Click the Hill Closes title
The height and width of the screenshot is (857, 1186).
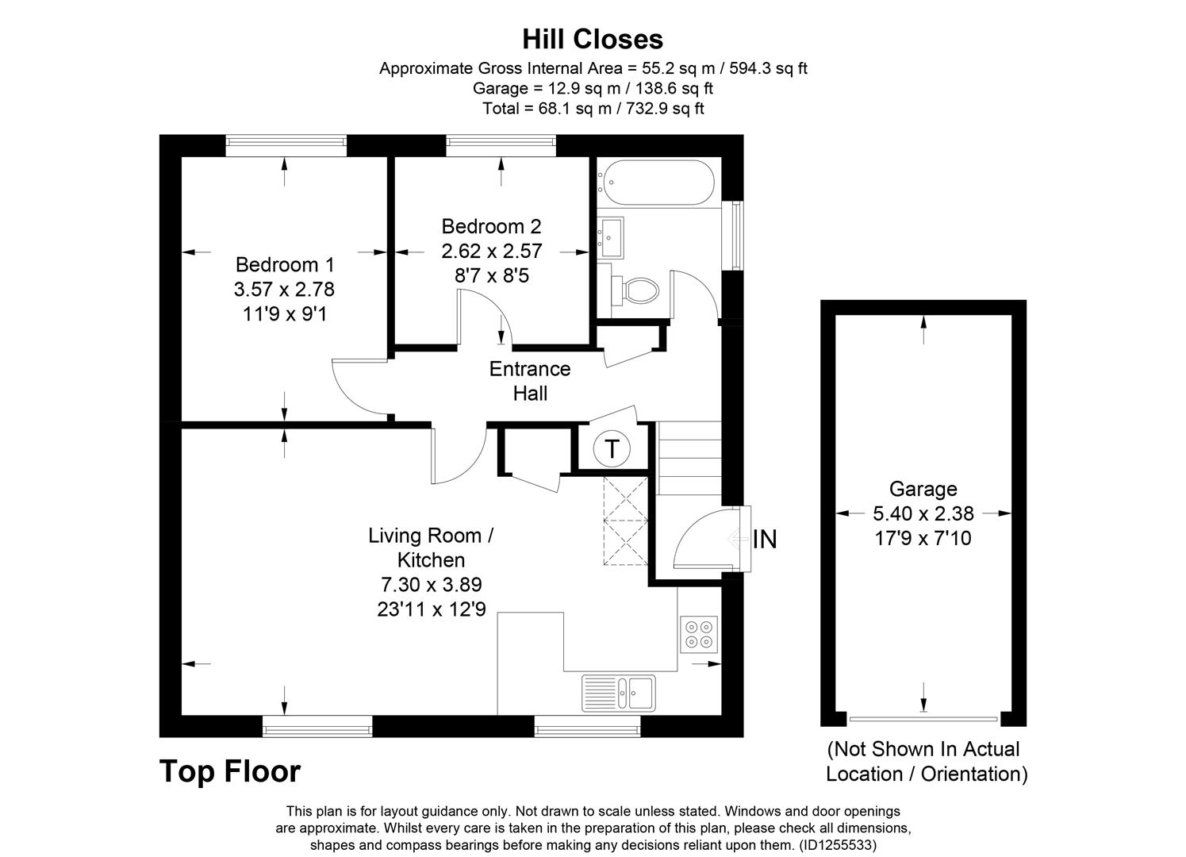[x=593, y=39]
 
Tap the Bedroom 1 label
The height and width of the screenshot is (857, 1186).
[x=285, y=264]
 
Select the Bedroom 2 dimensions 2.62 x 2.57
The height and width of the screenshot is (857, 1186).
[x=492, y=252]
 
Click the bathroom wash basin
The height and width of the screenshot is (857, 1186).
[x=611, y=237]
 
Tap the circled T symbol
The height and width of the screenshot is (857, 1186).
[x=612, y=449]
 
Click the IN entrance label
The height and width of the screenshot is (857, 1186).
[x=764, y=540]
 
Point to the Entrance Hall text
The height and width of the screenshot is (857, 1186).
[x=529, y=381]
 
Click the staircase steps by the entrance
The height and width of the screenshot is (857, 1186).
[x=689, y=458]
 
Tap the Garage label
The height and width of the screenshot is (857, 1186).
[x=923, y=489]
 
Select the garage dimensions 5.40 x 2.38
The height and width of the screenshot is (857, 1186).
[x=923, y=514]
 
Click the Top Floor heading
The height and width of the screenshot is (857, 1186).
[x=230, y=771]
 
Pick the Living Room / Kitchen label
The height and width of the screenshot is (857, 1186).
[x=431, y=547]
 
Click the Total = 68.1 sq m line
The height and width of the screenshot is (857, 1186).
[x=593, y=109]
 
